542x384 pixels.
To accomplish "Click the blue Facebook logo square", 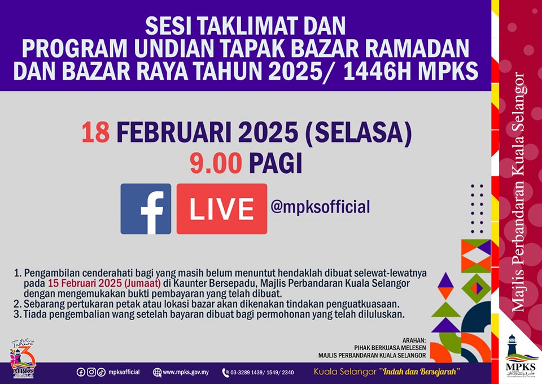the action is tap(146, 209).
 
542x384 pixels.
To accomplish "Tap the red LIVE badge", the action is tap(221, 209).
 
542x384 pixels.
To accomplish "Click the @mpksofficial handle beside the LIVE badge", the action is tap(320, 207).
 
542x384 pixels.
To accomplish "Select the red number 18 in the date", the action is tap(96, 132).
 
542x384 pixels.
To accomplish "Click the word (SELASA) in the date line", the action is tap(359, 132).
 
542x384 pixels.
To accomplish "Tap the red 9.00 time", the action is tap(216, 163).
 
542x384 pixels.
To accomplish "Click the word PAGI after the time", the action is tap(276, 163).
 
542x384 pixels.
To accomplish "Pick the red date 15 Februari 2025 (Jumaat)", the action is tap(104, 283).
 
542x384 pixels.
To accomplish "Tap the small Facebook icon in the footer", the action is tap(81, 372).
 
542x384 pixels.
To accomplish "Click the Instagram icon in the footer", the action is tap(91, 372).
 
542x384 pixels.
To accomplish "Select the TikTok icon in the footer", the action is tap(101, 372).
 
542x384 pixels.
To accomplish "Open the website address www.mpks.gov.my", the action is tap(186, 373).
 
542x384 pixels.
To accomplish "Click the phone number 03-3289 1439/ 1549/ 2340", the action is tap(262, 373).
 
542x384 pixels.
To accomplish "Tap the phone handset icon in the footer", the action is tap(226, 373).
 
